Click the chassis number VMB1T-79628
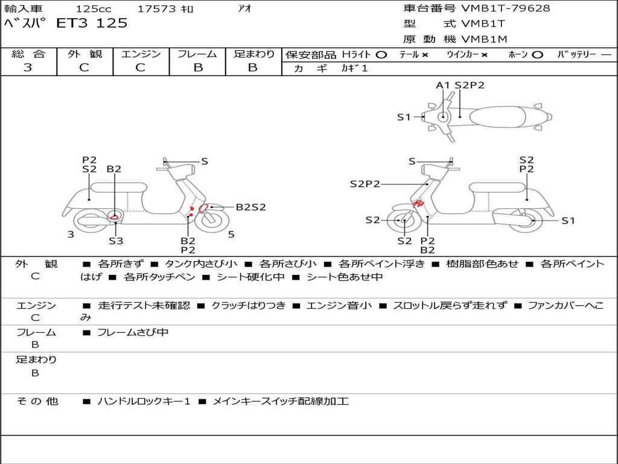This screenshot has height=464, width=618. tap(505, 8)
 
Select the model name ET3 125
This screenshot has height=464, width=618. tap(92, 23)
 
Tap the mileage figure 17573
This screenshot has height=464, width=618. tap(156, 8)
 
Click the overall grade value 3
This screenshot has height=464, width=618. tap(28, 67)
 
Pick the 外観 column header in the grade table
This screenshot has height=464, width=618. tap(84, 54)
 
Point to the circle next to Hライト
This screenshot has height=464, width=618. tap(381, 55)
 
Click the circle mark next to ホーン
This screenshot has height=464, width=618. tap(538, 55)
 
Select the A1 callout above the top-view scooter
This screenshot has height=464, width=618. tap(442, 85)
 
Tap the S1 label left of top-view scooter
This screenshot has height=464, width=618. tap(404, 117)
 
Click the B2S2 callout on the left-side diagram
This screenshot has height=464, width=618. tap(250, 207)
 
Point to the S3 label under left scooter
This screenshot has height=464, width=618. tap(116, 240)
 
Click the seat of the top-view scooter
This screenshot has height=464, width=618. tap(497, 117)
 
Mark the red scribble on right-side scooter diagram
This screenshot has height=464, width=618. tap(418, 204)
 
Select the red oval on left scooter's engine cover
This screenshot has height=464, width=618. tap(114, 217)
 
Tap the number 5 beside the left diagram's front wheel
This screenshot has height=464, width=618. tap(231, 234)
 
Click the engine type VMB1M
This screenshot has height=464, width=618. tap(484, 39)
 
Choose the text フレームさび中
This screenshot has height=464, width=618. tap(133, 333)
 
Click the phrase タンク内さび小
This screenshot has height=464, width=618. tap(201, 263)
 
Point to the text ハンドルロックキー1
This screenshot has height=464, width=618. tap(144, 401)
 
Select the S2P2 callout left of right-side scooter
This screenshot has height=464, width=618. tap(365, 184)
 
